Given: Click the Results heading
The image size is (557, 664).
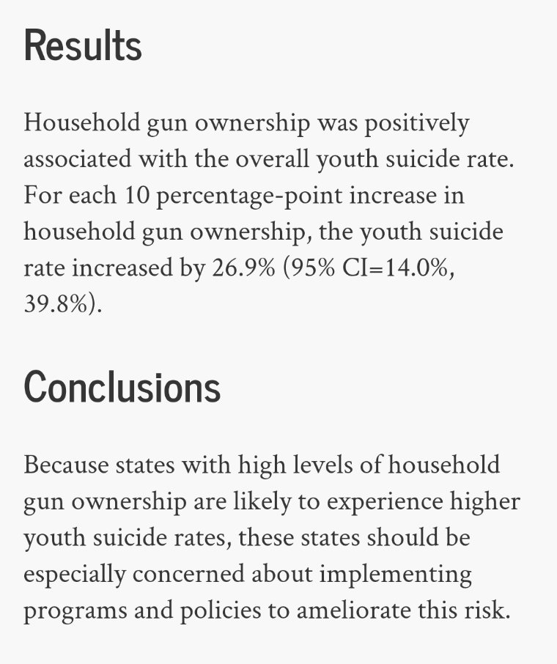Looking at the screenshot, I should [x=83, y=45].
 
